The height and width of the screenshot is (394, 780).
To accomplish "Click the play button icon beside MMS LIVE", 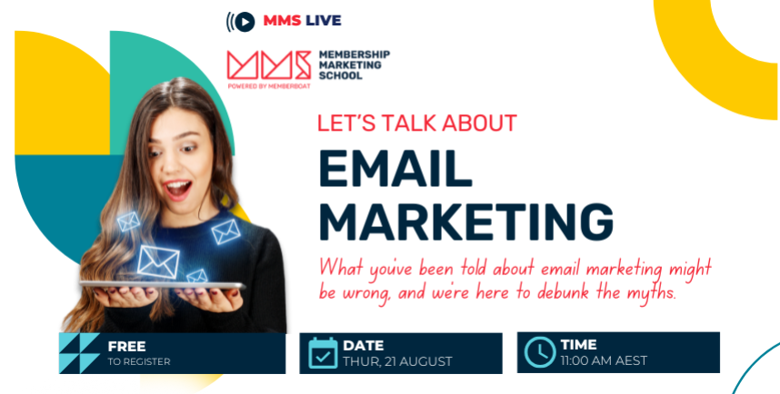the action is [x=245, y=22].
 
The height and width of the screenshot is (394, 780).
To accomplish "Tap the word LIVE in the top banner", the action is [x=324, y=20].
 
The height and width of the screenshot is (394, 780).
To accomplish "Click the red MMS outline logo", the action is [x=268, y=65].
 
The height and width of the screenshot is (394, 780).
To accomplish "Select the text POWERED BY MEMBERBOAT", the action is [x=268, y=86].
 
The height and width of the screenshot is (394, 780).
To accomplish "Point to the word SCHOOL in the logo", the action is [x=341, y=76].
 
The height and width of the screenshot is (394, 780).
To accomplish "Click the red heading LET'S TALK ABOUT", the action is [x=417, y=123].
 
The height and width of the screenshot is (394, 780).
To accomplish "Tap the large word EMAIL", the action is [x=395, y=168].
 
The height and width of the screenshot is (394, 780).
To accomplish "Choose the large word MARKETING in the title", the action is [x=466, y=222].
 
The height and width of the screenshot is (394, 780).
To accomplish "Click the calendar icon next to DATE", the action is [x=323, y=353].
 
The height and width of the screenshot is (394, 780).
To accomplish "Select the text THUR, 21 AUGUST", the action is [x=397, y=361].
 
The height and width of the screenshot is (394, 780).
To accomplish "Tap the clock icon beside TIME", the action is [x=540, y=352].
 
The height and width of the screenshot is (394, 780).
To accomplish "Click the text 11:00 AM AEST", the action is [x=604, y=360].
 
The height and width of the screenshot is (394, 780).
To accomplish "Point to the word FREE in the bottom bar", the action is [x=127, y=346].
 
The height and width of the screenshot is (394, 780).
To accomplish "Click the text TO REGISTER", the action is [x=139, y=361].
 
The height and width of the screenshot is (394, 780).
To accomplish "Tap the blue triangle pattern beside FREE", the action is [x=79, y=353].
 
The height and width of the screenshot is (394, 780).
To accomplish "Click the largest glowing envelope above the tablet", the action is [x=157, y=261].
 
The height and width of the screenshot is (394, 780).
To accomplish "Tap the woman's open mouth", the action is [x=177, y=190].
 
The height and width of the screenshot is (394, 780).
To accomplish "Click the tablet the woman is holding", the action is [x=162, y=285].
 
